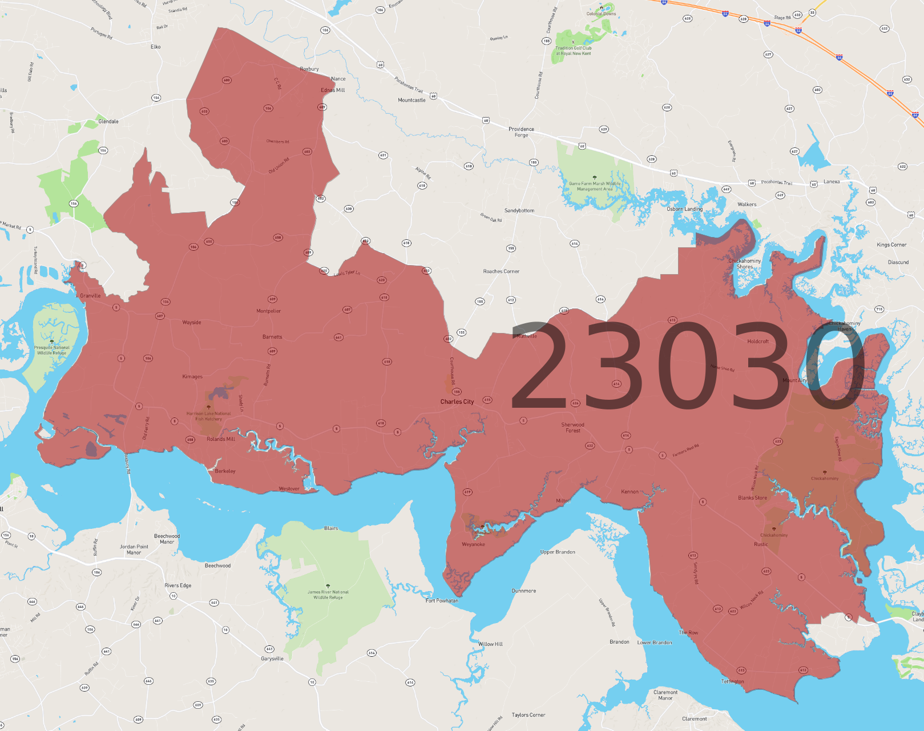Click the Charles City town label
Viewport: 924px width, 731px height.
457,401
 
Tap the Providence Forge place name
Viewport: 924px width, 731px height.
521,132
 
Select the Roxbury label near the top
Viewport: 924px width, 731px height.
309,69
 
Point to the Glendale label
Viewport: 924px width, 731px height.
108,122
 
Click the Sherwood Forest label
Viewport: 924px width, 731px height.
572,427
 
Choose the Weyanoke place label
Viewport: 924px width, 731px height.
473,544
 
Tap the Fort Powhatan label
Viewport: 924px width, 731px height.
442,600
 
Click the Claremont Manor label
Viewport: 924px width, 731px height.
665,695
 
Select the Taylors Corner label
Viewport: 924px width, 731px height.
528,715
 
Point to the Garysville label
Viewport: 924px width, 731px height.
272,658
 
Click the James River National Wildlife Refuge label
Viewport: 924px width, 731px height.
328,595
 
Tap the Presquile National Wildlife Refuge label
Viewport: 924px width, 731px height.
51,350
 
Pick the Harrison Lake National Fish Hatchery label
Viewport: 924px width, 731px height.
208,416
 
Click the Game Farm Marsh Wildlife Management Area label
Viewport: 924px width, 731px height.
595,186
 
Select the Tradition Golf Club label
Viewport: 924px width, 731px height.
574,51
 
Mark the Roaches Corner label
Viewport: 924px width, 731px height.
501,271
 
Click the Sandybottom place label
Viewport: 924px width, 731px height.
519,211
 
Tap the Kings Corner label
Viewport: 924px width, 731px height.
891,245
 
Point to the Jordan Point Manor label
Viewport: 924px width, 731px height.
134,549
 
